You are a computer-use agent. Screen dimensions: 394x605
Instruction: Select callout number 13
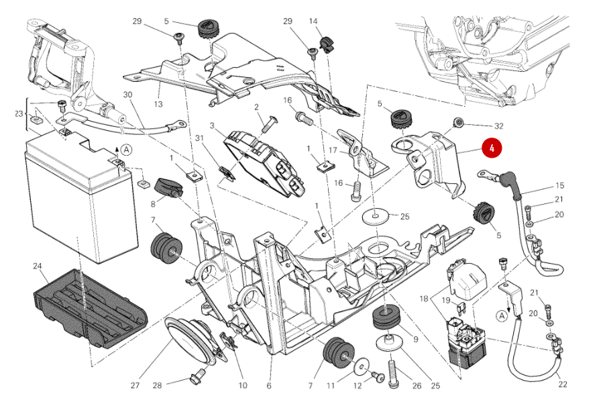click(158, 104)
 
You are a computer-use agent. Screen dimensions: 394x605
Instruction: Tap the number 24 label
click(37, 266)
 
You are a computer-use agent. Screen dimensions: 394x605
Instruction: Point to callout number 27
click(135, 385)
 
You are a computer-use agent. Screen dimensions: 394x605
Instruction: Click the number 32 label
click(498, 126)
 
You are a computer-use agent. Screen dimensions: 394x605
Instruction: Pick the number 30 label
click(128, 95)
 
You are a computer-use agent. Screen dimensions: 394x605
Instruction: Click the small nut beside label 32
click(459, 122)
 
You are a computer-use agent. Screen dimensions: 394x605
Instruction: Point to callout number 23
click(18, 114)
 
